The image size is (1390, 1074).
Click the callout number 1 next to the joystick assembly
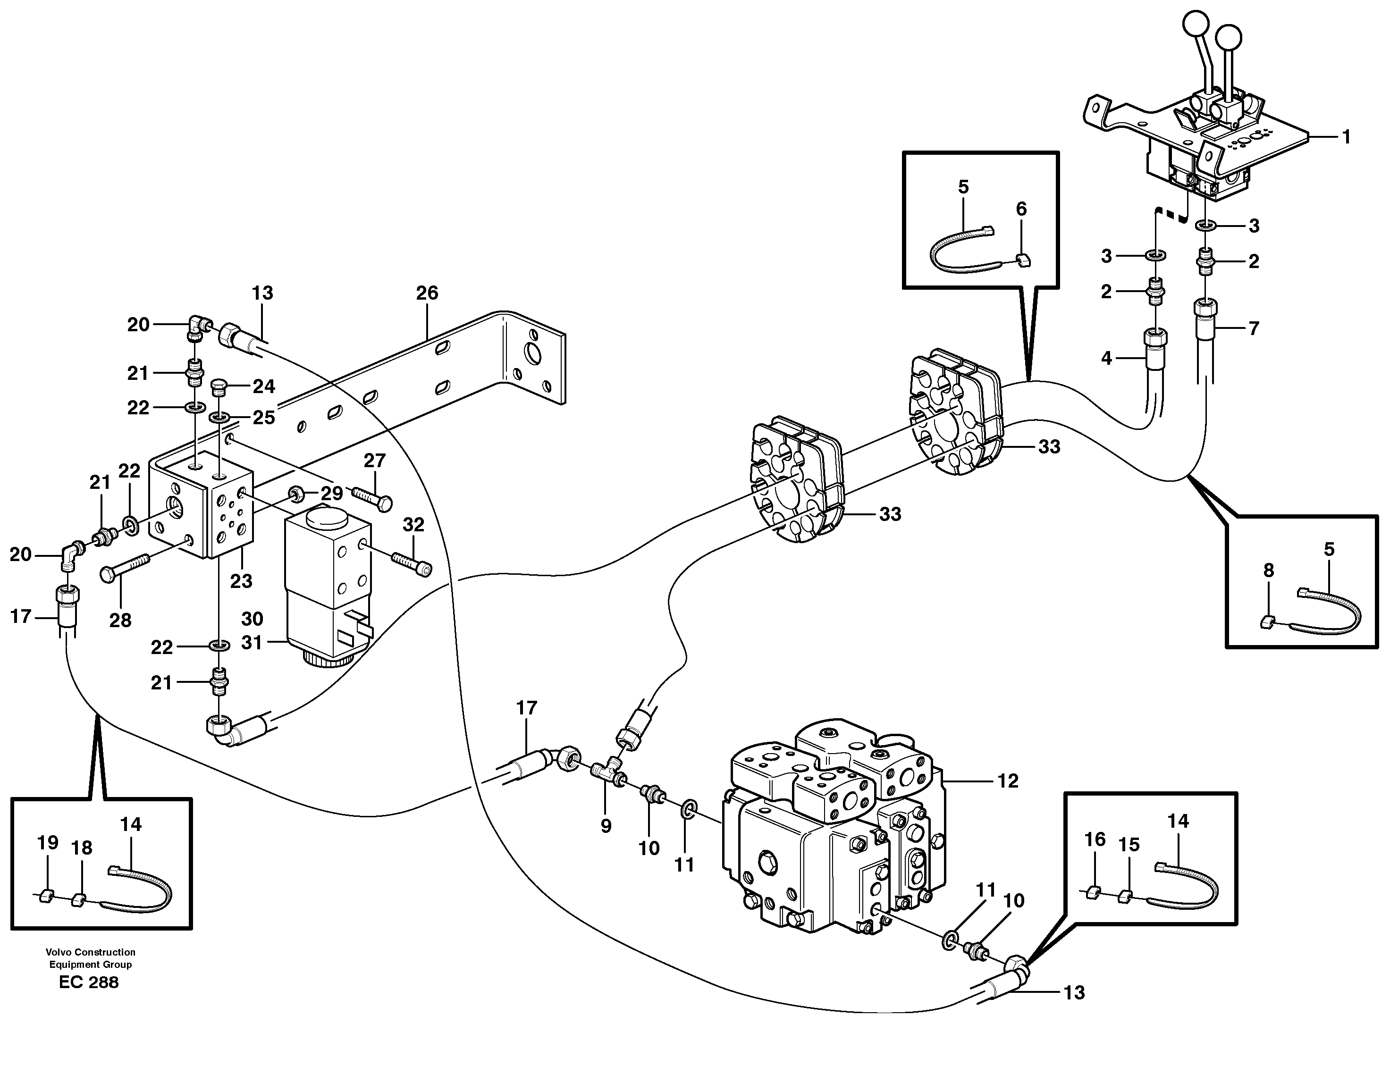(1346, 137)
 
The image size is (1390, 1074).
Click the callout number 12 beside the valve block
(1008, 780)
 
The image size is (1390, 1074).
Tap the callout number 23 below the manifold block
(241, 580)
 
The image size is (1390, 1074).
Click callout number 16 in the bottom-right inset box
(1095, 840)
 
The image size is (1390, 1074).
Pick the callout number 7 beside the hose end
(1253, 328)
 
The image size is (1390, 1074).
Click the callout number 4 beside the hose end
(1106, 358)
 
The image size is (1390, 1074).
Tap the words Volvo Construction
(90, 952)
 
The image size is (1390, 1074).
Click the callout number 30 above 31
(252, 619)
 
